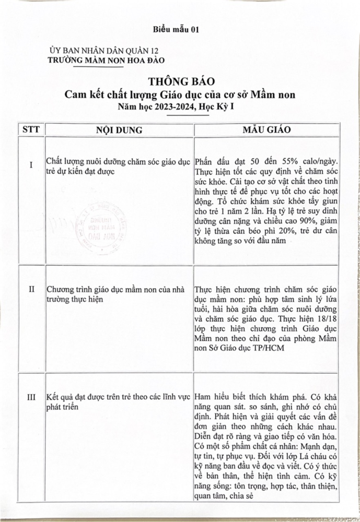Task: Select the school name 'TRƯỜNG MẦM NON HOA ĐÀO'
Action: tap(108, 60)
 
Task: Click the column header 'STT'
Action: tap(30, 129)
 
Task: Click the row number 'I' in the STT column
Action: tap(30, 165)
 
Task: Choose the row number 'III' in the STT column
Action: tap(31, 397)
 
